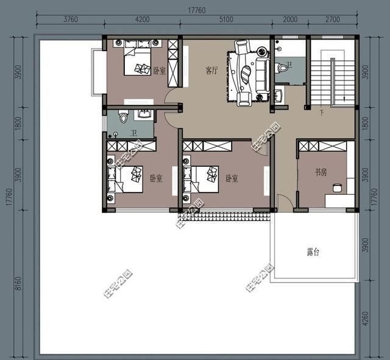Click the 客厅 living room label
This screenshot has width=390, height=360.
pyautogui.click(x=211, y=71)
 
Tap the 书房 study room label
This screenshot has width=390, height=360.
pyautogui.click(x=321, y=172)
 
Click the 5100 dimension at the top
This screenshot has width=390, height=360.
pyautogui.click(x=225, y=19)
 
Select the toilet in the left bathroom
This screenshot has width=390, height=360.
pyautogui.click(x=122, y=116)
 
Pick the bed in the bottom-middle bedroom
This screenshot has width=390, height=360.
pyautogui.click(x=202, y=178)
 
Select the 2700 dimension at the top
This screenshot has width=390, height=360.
pyautogui.click(x=332, y=19)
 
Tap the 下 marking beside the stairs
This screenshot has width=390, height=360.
pyautogui.click(x=321, y=113)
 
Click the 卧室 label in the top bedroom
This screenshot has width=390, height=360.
pyautogui.click(x=160, y=71)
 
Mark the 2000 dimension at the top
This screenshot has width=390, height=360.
pyautogui.click(x=290, y=19)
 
